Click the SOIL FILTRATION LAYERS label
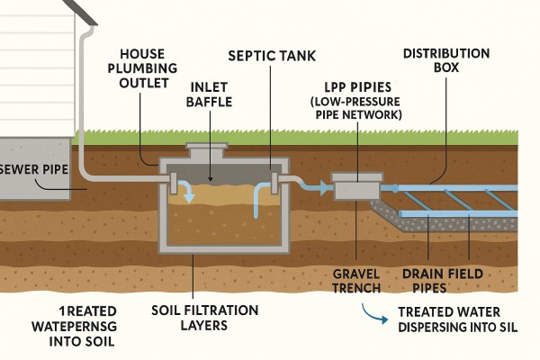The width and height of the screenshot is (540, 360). pyautogui.click(x=205, y=318)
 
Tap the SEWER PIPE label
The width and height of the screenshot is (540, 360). pyautogui.click(x=35, y=169)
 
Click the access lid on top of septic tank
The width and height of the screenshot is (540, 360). pyautogui.click(x=211, y=150)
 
